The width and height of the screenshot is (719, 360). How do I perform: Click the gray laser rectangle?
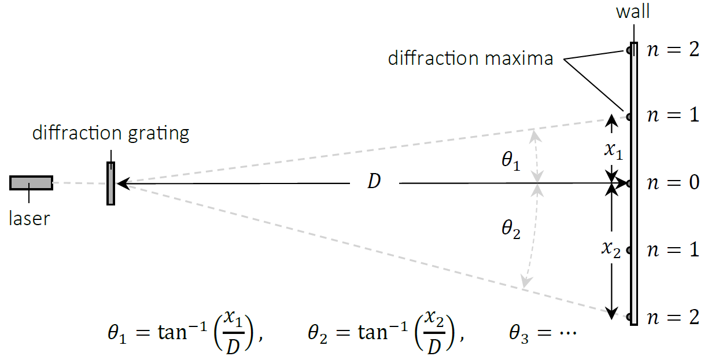pyautogui.click(x=31, y=183)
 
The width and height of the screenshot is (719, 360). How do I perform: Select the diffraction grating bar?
pyautogui.click(x=110, y=183)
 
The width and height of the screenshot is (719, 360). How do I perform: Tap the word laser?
pyautogui.click(x=30, y=219)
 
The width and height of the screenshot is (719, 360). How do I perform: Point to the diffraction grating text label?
pyautogui.click(x=110, y=134)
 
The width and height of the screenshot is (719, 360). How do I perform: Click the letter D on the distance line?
pyautogui.click(x=374, y=182)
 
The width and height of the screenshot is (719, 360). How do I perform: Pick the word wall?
pyautogui.click(x=633, y=12)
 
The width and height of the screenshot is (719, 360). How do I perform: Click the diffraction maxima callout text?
pyautogui.click(x=470, y=58)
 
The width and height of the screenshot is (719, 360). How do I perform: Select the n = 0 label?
pyautogui.click(x=673, y=183)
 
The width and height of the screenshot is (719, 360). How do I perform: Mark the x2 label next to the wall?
pyautogui.click(x=611, y=249)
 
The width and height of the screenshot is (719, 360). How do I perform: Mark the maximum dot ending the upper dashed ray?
pyautogui.click(x=628, y=116)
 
